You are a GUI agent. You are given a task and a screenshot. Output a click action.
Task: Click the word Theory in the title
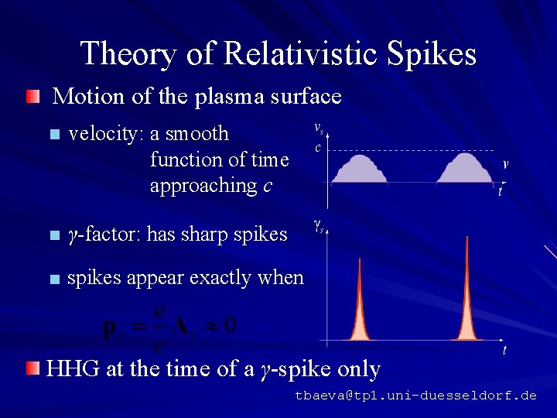pos(128,54)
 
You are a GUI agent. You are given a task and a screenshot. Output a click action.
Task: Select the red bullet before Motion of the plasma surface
pos(31,97)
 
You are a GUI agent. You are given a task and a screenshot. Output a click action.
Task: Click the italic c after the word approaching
pos(267,186)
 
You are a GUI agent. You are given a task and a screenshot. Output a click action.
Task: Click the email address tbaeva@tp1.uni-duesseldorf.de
pos(415,396)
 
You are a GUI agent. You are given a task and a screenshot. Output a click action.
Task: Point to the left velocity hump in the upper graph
pos(359,169)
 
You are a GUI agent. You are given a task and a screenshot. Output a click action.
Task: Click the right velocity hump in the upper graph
pos(464,169)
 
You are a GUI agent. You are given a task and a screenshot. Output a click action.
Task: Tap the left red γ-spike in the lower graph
pos(360,310)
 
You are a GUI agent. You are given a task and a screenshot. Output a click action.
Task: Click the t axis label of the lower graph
pos(504,351)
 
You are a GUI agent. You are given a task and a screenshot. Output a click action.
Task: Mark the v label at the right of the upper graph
pos(505,163)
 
